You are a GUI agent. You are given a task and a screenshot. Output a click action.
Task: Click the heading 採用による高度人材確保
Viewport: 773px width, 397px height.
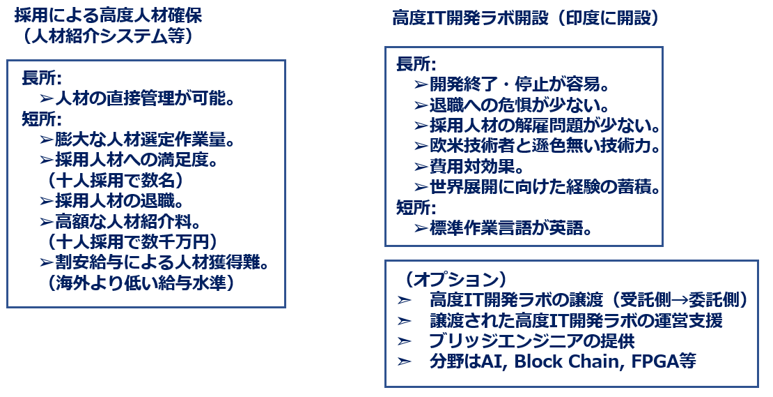click(x=109, y=16)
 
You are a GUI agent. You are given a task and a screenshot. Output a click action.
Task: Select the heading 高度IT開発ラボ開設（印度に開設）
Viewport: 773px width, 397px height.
click(x=526, y=18)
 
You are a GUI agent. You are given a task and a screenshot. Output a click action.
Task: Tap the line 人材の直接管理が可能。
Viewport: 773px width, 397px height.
click(x=144, y=99)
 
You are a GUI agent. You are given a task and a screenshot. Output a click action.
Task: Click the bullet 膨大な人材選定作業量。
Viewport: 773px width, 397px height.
click(x=144, y=140)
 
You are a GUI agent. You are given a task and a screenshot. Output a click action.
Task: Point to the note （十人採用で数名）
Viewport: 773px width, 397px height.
click(x=116, y=181)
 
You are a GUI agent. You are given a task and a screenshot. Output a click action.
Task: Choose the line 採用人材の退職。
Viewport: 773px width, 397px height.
click(x=119, y=202)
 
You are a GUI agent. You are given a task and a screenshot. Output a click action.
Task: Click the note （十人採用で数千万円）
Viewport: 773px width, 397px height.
click(x=132, y=242)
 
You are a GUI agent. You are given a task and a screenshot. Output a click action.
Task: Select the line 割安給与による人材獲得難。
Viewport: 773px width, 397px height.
click(x=162, y=263)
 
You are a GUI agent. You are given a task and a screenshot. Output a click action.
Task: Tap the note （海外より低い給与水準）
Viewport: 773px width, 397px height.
click(x=141, y=283)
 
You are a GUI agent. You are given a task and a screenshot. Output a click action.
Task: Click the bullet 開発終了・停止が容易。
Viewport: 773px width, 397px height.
click(x=520, y=85)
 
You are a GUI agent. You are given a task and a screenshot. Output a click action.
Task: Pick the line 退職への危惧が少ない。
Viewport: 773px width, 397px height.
click(x=520, y=105)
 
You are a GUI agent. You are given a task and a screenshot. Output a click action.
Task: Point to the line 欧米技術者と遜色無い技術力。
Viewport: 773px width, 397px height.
click(x=545, y=147)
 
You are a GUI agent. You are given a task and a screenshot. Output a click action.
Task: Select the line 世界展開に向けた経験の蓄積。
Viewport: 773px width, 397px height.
click(x=545, y=188)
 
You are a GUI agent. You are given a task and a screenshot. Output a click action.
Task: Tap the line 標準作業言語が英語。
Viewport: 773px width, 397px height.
click(x=510, y=229)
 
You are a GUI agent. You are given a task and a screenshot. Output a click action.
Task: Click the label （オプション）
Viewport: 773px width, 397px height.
click(x=455, y=280)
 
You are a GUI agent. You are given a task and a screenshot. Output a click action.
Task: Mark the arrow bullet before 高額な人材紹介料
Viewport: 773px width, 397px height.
click(x=47, y=222)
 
